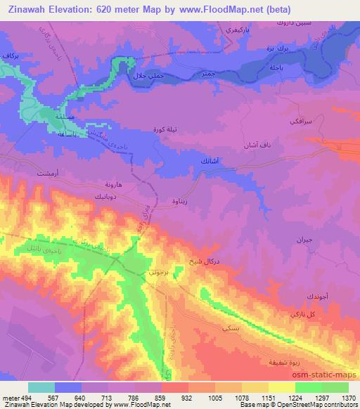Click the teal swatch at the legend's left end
[41, 387]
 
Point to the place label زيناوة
[180, 200]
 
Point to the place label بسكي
[230, 327]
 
